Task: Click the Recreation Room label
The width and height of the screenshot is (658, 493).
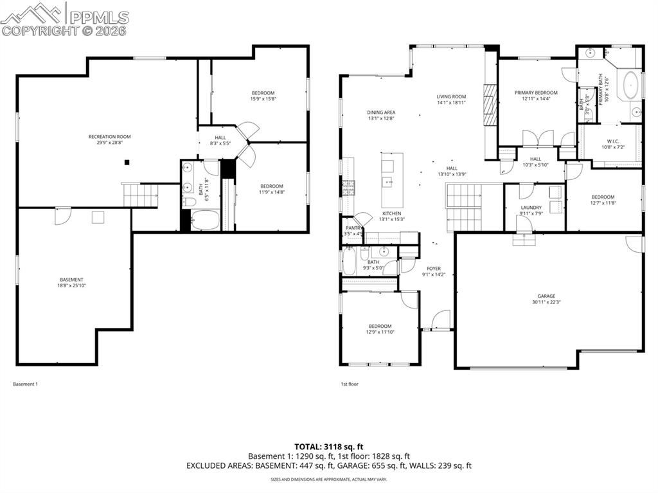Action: point(109,136)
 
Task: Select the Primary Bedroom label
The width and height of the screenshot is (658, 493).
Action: point(536,93)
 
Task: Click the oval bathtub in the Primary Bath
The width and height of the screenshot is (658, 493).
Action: point(630,84)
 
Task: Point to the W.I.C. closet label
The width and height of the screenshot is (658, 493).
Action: point(612,141)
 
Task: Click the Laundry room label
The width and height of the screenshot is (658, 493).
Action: point(531,208)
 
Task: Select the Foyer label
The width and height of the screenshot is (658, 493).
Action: point(434,269)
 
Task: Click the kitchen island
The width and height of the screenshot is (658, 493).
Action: point(392,179)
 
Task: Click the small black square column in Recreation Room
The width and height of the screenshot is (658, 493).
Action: point(127,162)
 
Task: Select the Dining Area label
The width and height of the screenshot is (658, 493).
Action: point(381,112)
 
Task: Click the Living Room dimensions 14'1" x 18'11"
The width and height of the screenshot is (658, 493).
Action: point(450,103)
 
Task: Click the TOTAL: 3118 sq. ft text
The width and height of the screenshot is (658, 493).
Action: point(329,446)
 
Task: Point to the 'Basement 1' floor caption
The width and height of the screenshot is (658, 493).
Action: point(26,384)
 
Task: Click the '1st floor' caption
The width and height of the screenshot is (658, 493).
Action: point(349,384)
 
